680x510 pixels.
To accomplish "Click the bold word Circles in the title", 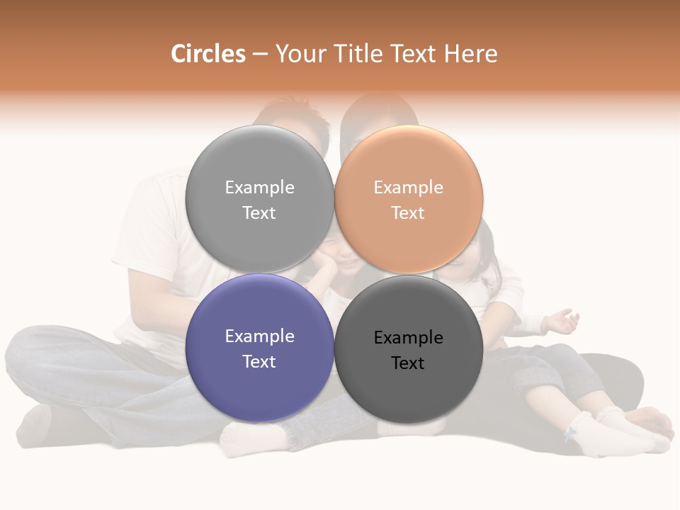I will [x=208, y=54].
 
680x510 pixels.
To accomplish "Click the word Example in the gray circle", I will [x=259, y=187].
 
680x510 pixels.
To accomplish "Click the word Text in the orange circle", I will [x=408, y=212].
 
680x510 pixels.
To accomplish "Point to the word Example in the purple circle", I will [x=259, y=336].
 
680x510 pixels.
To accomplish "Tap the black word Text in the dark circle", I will [x=408, y=363].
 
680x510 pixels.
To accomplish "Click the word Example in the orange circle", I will [x=408, y=187].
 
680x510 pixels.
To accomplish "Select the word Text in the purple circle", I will [x=259, y=361].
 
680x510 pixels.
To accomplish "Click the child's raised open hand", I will [x=562, y=320].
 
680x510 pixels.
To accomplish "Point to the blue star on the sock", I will [x=569, y=433].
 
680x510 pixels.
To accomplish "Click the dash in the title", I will [x=260, y=55].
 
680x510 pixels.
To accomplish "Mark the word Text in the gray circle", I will [x=259, y=212].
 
